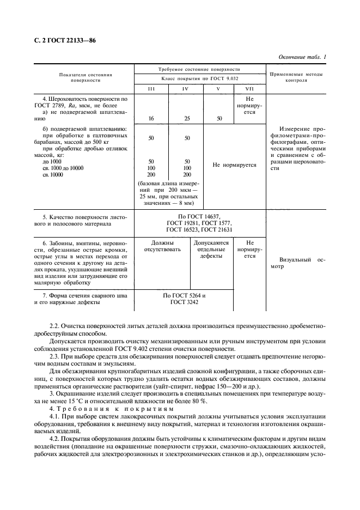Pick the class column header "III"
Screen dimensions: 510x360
point(151,89)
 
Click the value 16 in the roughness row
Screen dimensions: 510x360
point(151,118)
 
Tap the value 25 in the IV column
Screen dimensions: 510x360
point(187,118)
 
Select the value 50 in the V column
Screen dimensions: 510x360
point(219,118)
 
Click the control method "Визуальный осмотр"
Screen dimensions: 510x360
point(296,264)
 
